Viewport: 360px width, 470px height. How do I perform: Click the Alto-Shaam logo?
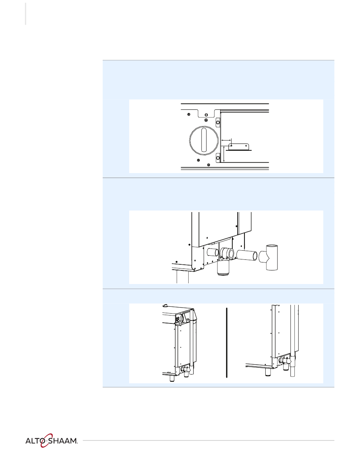point(52,440)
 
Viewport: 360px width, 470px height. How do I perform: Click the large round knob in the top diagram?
point(203,140)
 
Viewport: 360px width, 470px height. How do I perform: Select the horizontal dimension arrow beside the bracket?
point(226,141)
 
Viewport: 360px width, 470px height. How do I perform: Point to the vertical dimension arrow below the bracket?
point(224,154)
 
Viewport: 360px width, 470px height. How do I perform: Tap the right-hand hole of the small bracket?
point(246,146)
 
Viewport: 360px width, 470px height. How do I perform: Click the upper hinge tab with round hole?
point(218,122)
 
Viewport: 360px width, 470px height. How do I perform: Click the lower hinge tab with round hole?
point(218,158)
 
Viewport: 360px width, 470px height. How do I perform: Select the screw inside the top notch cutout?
point(206,114)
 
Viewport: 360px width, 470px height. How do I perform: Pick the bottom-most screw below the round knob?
point(208,165)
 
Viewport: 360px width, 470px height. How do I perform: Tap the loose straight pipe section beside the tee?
point(247,255)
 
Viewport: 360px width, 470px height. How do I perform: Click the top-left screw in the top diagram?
point(189,114)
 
